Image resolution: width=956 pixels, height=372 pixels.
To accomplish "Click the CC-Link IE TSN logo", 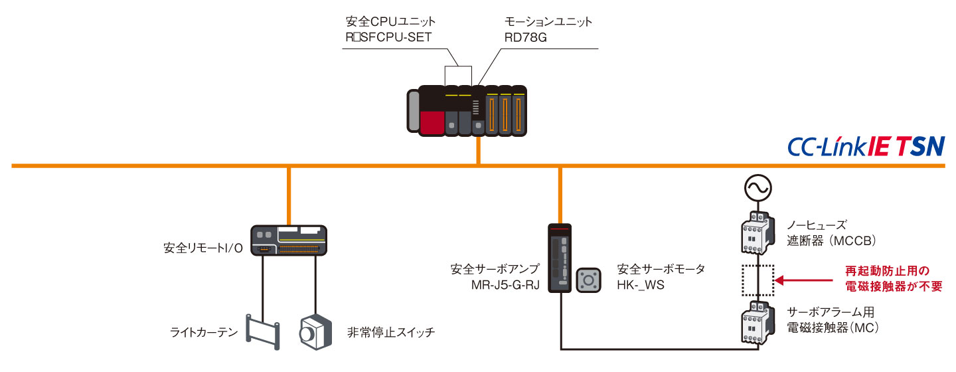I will click(865, 147).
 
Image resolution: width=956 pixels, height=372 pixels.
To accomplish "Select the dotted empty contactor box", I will click(756, 280).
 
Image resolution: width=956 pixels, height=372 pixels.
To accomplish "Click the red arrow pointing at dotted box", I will click(803, 280).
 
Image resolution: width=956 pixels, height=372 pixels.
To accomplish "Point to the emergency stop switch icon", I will click(315, 332).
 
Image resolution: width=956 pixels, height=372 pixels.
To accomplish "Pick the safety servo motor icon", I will click(588, 280).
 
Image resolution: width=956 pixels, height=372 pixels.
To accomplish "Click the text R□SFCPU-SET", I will click(384, 37).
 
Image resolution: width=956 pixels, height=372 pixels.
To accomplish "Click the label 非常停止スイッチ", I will click(391, 333).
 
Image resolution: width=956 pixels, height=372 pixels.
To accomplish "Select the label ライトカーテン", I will click(201, 333).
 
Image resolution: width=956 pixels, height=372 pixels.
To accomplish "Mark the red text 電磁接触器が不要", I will click(894, 287).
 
